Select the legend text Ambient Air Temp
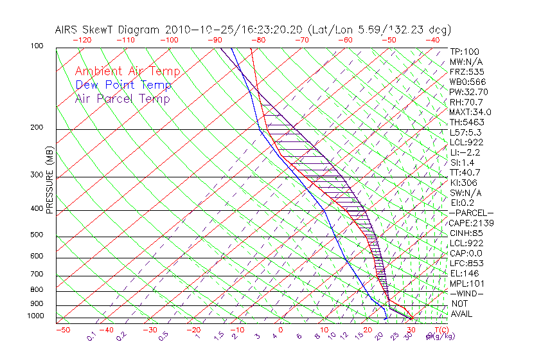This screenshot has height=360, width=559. [127, 71]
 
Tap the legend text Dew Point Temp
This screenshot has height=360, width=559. [123, 85]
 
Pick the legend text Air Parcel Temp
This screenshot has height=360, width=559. [122, 98]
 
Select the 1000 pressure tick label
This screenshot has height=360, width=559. [36, 316]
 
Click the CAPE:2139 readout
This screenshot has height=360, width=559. [470, 223]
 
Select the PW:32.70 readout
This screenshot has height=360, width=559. [468, 92]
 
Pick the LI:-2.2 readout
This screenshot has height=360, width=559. [465, 152]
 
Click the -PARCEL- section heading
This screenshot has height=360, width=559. [471, 213]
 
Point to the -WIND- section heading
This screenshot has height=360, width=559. [466, 293]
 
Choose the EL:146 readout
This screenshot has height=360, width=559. [463, 273]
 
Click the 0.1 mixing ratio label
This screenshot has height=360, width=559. [91, 336]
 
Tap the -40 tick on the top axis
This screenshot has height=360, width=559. [433, 40]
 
